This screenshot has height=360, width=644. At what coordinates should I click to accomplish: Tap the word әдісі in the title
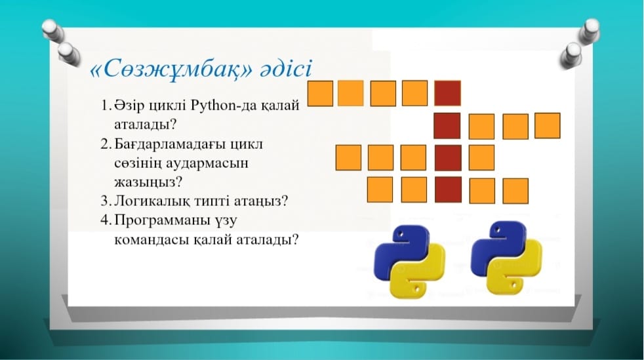point(286,68)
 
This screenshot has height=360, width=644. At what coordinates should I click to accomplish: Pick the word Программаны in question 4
point(161,220)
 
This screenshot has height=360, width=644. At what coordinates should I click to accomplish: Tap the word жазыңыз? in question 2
point(148,182)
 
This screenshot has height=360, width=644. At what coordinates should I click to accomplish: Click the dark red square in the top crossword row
point(447,93)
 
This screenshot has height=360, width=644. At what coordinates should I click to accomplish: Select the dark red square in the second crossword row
point(447,126)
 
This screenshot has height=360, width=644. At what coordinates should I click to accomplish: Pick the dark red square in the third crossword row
point(448,157)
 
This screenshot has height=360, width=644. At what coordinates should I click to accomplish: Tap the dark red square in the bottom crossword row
point(448,190)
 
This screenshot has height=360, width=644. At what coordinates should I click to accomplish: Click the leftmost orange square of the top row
point(320,93)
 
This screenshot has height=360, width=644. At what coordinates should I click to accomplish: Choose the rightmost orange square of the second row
point(548,126)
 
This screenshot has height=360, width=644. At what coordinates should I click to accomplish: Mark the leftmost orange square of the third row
point(348,157)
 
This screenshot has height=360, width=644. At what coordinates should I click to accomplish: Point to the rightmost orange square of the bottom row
point(515,191)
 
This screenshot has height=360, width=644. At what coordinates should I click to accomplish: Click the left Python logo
point(409,262)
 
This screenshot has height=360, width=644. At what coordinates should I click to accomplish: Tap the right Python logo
point(506,258)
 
